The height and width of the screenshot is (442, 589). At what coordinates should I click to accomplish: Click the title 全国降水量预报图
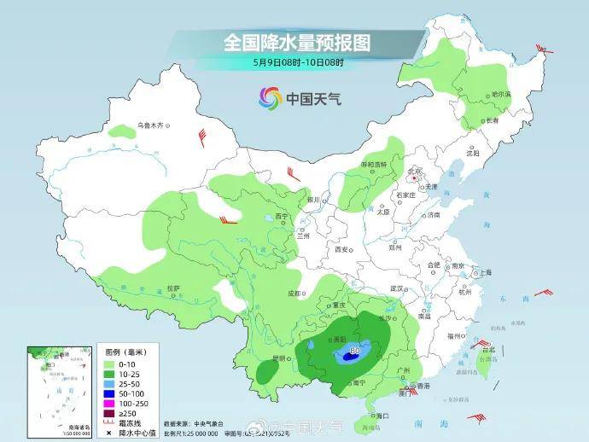pyautogui.click(x=289, y=42)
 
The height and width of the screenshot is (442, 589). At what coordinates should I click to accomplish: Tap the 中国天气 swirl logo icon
pyautogui.click(x=270, y=98)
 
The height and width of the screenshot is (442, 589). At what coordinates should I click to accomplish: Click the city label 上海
pyautogui.click(x=484, y=272)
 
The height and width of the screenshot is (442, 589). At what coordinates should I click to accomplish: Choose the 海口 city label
pyautogui.click(x=382, y=415)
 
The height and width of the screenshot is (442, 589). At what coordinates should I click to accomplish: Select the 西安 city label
pyautogui.click(x=343, y=250)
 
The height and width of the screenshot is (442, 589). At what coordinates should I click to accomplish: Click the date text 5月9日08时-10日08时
pyautogui.click(x=298, y=61)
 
